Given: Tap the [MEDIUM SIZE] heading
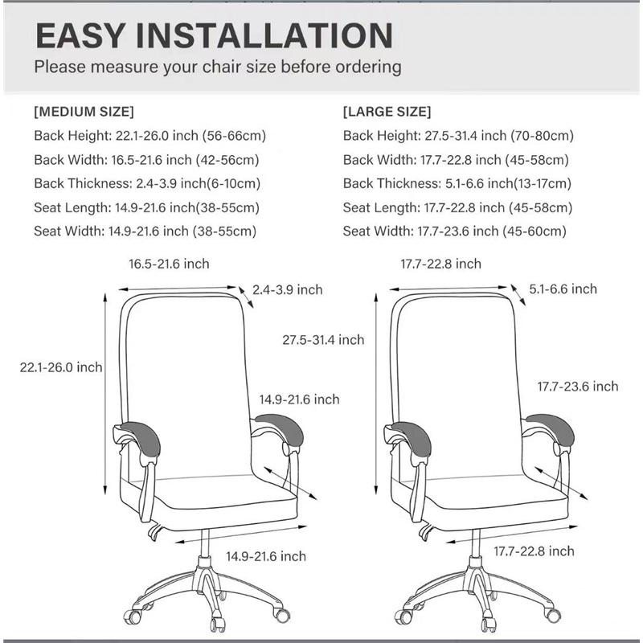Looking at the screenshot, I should (x=84, y=111).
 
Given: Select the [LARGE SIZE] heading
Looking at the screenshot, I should (x=387, y=111).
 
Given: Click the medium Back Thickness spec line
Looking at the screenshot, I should (x=149, y=183).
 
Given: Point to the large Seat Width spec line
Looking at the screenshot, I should (x=455, y=231).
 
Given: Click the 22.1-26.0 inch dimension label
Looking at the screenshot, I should (x=61, y=367).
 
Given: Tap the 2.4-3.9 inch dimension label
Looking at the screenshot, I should (x=287, y=289).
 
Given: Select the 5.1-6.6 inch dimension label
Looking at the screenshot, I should (x=563, y=289).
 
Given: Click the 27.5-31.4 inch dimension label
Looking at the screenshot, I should (x=323, y=340).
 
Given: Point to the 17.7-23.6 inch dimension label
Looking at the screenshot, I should (x=578, y=387).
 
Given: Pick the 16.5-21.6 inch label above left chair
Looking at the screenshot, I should (x=169, y=264).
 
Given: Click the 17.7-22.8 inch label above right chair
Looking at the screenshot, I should (x=440, y=264).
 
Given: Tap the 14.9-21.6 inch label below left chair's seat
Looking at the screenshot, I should (x=265, y=556).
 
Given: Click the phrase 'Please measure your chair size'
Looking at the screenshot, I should (x=169, y=66).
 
